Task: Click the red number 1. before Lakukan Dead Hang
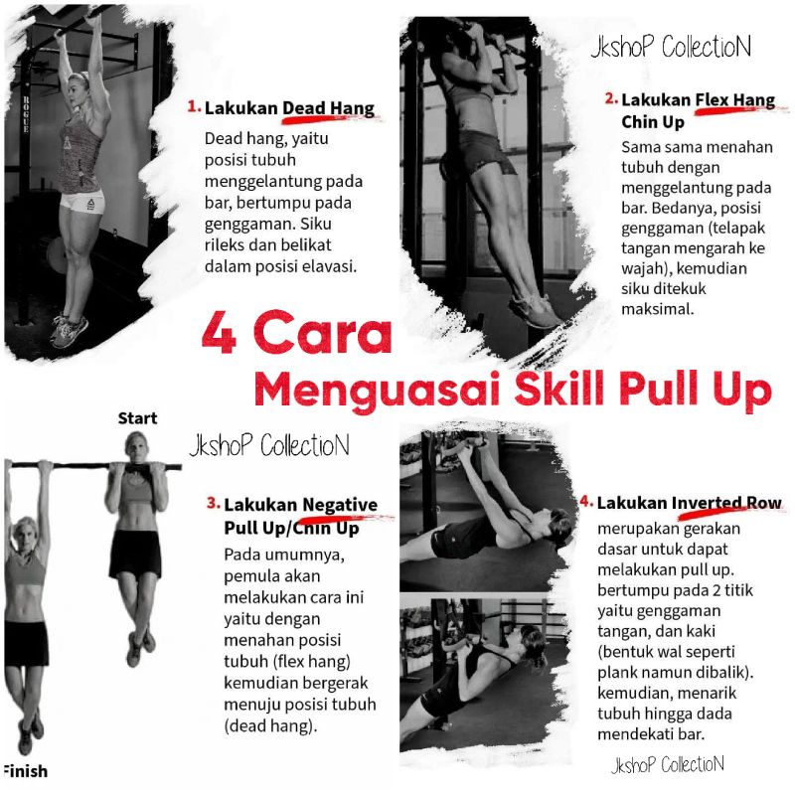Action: coord(194,106)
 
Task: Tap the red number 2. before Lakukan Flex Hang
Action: coord(611,97)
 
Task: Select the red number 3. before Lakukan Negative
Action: coord(214,503)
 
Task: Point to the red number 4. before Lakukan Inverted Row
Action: coord(586,501)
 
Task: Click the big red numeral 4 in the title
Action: coord(219,333)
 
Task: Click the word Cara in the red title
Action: coord(322,333)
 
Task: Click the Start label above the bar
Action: coord(137,418)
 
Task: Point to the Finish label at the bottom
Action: coord(25,771)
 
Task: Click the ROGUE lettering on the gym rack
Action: coord(26,113)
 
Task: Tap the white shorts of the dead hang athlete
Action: coord(82,202)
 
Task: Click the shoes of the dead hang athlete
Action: coord(69,331)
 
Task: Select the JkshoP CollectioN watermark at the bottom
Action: coord(668,764)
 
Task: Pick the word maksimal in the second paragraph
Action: coord(657,308)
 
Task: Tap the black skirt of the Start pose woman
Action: coord(135,555)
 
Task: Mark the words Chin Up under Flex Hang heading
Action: coord(653,122)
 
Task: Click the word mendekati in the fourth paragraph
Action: coord(639,733)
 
